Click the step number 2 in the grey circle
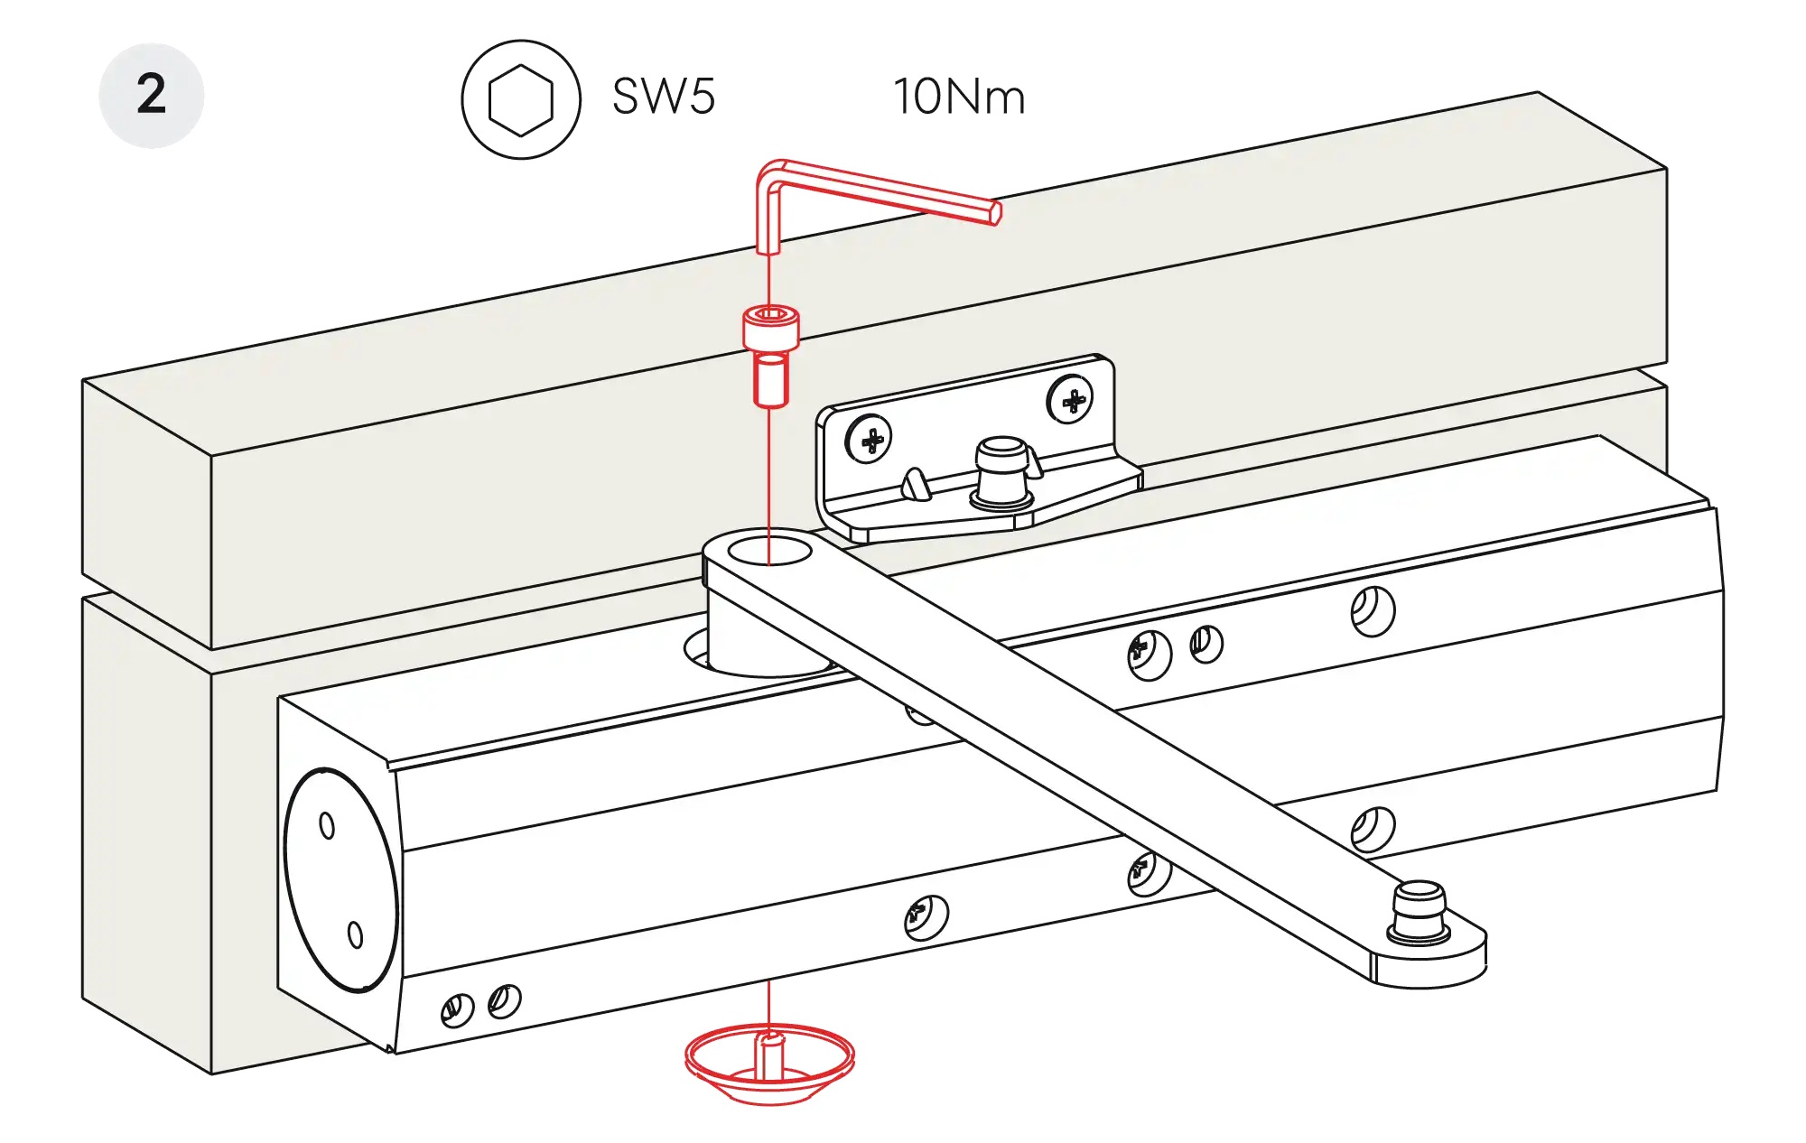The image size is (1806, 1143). coord(152,94)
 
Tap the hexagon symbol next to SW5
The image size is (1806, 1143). coord(521,100)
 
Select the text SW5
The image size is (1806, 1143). coord(664,97)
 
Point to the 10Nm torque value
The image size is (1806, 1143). coord(960,97)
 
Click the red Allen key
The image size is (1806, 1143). coord(867,190)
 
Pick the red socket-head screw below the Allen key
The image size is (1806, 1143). coord(770,356)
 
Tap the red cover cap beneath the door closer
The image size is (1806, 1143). coord(769,1065)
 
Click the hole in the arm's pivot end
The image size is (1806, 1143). coord(770,550)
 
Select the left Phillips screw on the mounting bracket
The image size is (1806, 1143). coord(869,439)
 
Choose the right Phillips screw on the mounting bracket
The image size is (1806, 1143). coord(1070,399)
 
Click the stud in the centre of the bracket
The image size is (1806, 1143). coord(1001,474)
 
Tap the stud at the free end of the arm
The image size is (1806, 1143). coord(1419,913)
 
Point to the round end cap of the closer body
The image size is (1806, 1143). coord(340,880)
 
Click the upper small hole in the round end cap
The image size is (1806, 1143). coord(327,825)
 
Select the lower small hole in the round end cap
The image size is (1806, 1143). coord(355,934)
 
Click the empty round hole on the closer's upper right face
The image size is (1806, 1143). coord(1373,611)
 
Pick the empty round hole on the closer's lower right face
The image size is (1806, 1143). coord(1373,830)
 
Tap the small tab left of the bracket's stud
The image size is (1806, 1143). coord(916,484)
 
